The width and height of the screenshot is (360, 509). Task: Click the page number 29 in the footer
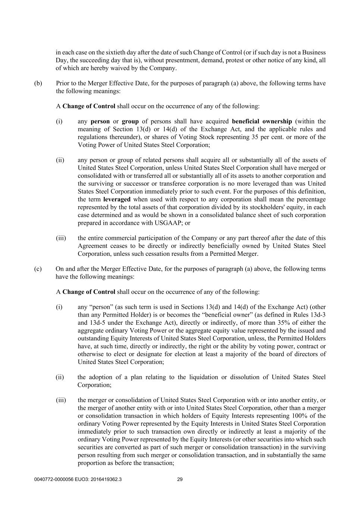tap(179, 480)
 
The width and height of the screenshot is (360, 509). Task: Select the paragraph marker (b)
tap(38, 83)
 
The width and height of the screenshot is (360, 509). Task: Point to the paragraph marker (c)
tap(38, 269)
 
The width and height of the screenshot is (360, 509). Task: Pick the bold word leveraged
tap(117, 199)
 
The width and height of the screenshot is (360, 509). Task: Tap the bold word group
tap(130, 121)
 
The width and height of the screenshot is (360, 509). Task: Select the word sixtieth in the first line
tap(115, 52)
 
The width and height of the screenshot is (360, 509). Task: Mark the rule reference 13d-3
tap(318, 315)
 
